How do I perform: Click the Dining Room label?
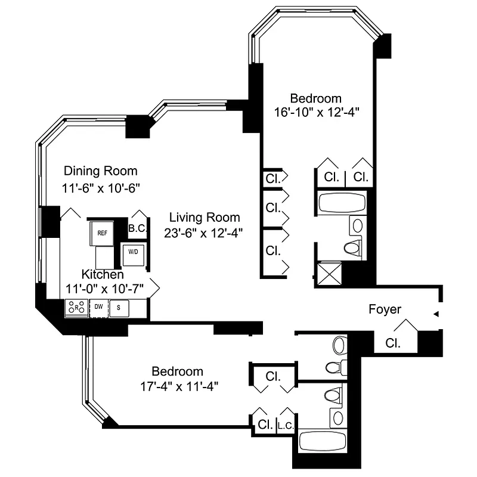100,171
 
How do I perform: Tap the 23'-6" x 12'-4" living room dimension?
204,233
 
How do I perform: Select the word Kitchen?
103,275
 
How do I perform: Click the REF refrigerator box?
103,234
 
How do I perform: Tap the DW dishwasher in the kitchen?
98,307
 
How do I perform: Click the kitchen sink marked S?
119,307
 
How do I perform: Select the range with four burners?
76,307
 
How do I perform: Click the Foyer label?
385,309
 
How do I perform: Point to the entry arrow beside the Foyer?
436,314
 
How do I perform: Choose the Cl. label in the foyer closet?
392,343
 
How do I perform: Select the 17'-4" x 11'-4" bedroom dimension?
176,385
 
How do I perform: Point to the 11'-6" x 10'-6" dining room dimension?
100,188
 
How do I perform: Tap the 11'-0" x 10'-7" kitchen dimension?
103,289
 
